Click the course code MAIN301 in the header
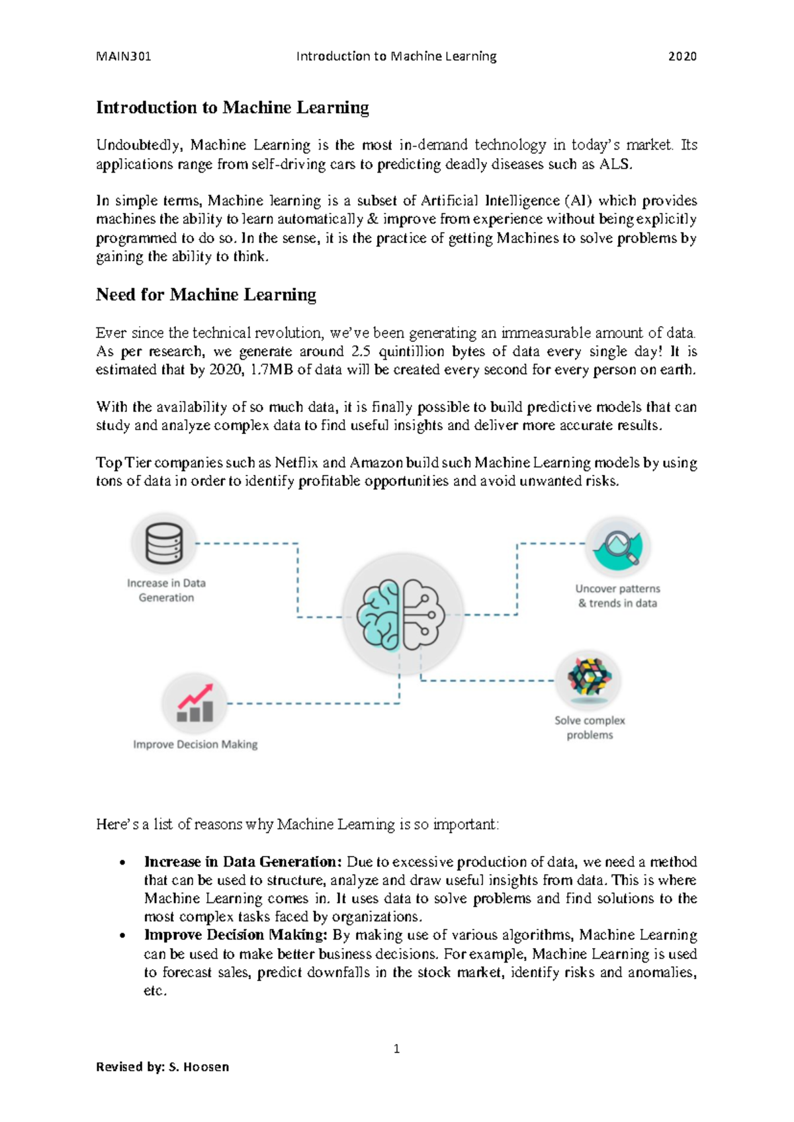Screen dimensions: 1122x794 124,56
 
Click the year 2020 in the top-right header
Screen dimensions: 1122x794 682,56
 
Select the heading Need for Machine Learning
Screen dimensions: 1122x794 206,294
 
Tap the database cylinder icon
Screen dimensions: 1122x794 163,543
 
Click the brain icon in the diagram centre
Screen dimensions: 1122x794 402,614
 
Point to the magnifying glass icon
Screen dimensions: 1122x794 619,547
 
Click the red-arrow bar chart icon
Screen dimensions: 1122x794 195,703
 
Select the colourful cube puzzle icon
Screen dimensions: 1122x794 588,678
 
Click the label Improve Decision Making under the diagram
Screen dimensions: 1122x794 195,744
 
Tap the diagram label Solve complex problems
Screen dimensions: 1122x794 590,727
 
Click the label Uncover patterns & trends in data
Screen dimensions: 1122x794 617,595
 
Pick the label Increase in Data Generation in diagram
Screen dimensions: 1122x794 166,590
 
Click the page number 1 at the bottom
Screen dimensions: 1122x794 396,1049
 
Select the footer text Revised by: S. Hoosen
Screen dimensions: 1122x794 163,1066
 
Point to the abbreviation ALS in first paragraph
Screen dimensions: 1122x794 615,164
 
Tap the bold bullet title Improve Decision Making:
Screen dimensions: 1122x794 236,935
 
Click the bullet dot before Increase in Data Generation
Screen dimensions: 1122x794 122,863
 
